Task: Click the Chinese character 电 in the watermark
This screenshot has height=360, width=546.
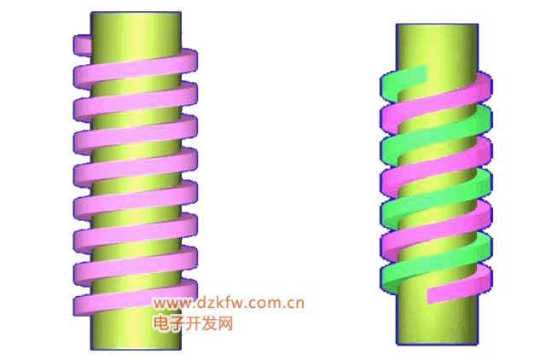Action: click(161, 323)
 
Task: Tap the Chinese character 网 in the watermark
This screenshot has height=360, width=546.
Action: click(225, 323)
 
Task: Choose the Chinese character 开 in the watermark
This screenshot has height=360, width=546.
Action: click(193, 323)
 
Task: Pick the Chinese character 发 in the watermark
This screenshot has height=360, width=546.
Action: click(209, 323)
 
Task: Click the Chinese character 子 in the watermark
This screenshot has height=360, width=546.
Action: click(177, 323)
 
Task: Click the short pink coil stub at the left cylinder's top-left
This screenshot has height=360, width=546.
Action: click(82, 45)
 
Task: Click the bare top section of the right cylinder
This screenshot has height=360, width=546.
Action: click(437, 49)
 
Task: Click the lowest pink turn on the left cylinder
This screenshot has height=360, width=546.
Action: click(135, 298)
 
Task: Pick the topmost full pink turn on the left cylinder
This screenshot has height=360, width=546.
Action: click(135, 68)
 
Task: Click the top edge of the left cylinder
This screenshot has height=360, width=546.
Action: click(136, 13)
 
